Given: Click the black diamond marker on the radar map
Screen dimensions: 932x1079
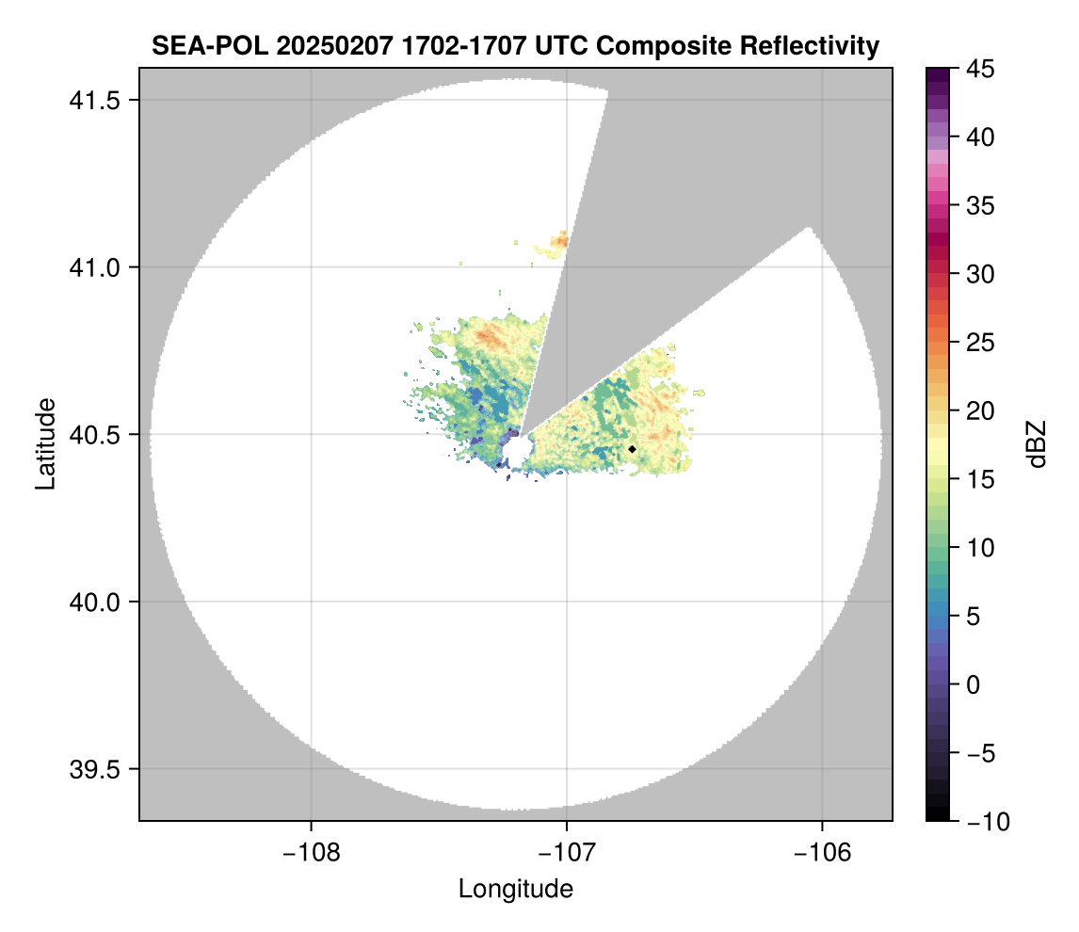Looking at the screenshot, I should pos(633,449).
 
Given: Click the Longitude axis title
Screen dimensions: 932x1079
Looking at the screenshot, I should pos(516,889).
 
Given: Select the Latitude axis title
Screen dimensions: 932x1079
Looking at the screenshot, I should pos(45,443).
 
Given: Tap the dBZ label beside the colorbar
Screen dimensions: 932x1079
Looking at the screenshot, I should pos(1037,444).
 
